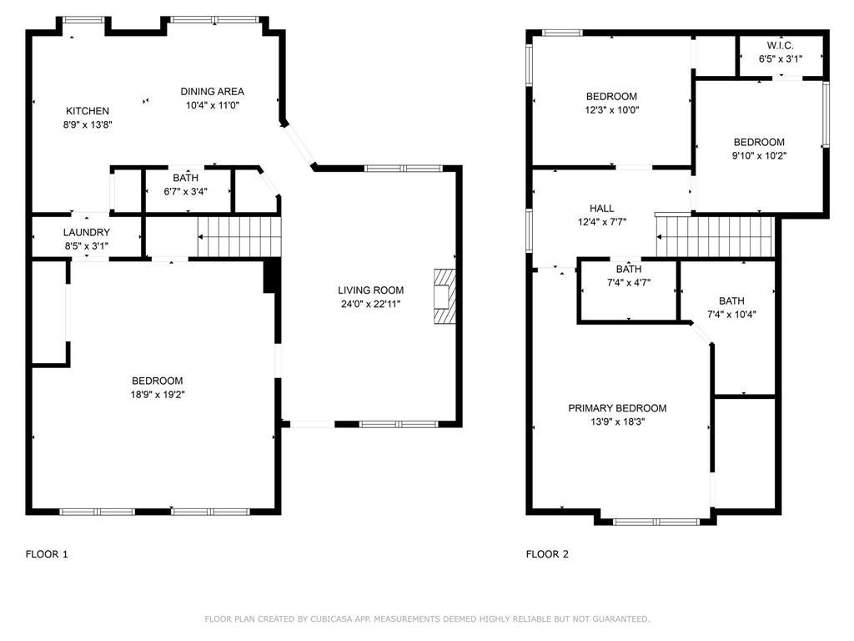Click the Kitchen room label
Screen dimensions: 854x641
[x=88, y=111]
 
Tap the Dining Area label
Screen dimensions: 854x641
[x=213, y=92]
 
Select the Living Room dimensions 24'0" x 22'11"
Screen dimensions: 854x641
[x=371, y=304]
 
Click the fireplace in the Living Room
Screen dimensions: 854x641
[x=445, y=296]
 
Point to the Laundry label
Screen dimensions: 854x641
[x=87, y=232]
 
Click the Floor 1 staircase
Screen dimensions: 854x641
[x=239, y=236]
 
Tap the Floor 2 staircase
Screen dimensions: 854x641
[x=715, y=236]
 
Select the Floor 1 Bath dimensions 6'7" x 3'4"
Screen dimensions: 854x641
[x=186, y=191]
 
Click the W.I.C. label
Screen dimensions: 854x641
[x=781, y=45]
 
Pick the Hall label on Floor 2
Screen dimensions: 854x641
[x=602, y=208]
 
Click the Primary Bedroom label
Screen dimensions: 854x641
[x=618, y=407]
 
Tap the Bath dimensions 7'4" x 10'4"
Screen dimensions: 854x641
[x=731, y=314]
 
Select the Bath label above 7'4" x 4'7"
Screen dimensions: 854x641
[x=629, y=270]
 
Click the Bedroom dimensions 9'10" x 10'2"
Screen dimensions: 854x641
[x=759, y=155]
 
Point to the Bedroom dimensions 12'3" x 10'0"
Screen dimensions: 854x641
[x=612, y=109]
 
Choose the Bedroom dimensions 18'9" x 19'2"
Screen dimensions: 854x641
[x=158, y=394]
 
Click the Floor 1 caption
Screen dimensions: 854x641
[x=47, y=554]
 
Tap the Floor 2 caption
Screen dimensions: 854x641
[x=547, y=554]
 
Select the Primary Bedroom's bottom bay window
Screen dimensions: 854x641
[x=656, y=522]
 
